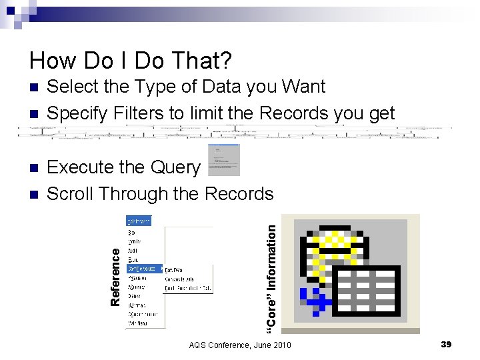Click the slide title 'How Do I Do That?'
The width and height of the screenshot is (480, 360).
[x=131, y=61]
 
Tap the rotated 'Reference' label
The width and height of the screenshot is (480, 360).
[x=116, y=277]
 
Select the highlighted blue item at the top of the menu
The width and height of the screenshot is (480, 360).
[x=139, y=221]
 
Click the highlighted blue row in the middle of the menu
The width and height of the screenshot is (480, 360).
[x=144, y=269]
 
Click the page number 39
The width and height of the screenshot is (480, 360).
[x=446, y=344]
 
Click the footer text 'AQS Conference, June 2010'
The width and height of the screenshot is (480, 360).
[x=240, y=345]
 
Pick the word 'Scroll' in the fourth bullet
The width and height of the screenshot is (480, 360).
[x=70, y=194]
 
